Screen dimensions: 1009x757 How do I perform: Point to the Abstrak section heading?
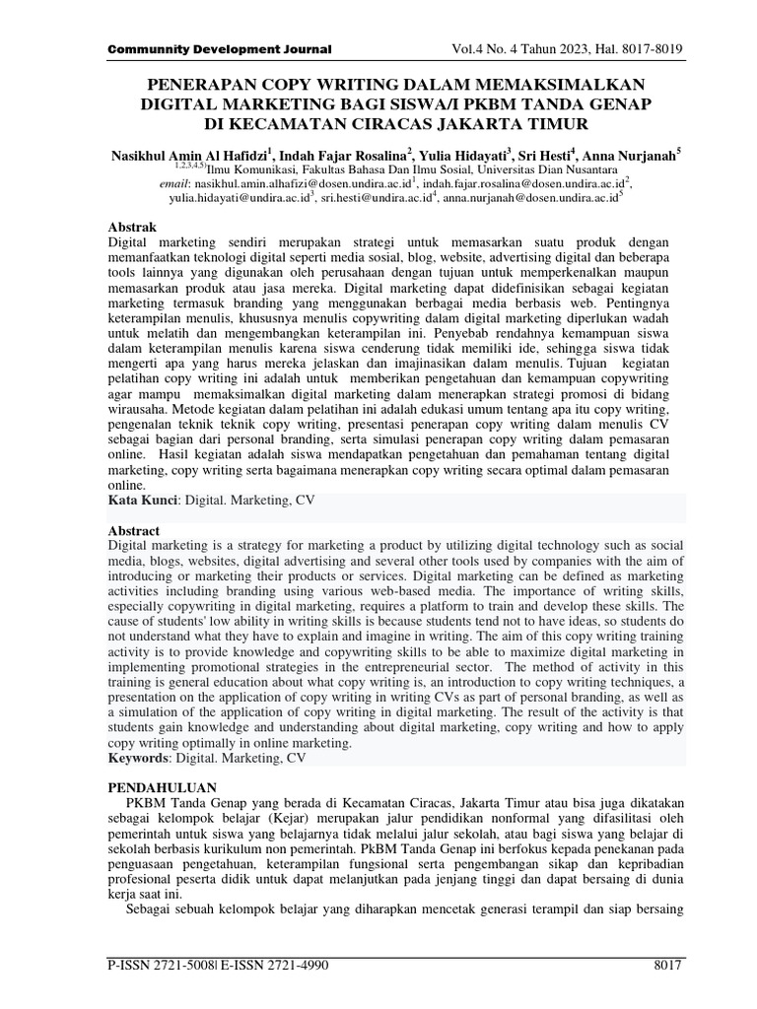(129, 226)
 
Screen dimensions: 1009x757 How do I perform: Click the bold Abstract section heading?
(132, 530)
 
